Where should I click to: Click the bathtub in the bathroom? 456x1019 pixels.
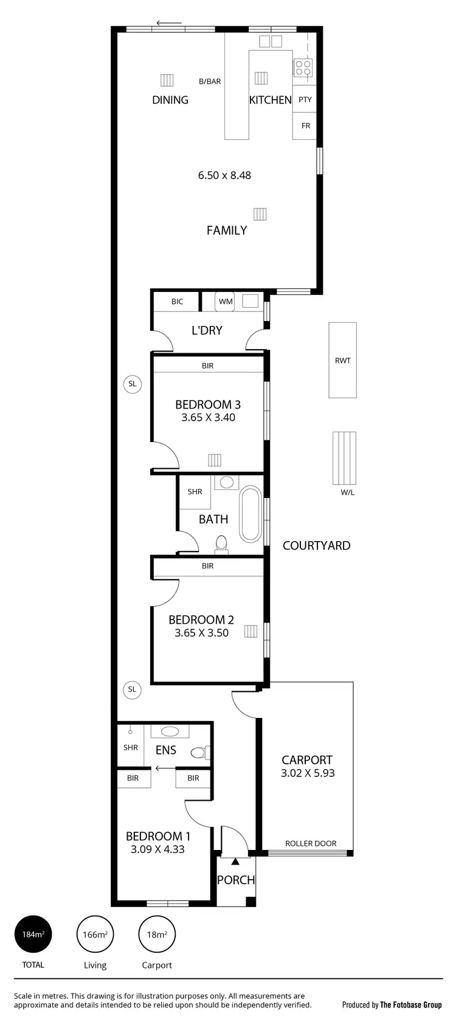[x=250, y=514]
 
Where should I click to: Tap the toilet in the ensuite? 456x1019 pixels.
[x=199, y=753]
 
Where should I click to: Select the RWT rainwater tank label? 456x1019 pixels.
[x=342, y=361]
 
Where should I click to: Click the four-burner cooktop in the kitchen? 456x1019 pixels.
[x=303, y=67]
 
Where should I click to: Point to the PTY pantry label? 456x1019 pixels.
[x=305, y=100]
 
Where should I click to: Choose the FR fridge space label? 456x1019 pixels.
[x=305, y=126]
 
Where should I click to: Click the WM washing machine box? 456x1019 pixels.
[x=226, y=302]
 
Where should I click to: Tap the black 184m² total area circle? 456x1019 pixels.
[x=33, y=934]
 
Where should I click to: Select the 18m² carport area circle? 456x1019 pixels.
[x=157, y=934]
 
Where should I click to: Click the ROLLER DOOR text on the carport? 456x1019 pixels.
[x=311, y=843]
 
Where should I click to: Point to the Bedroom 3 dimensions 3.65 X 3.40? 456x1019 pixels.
[x=208, y=418]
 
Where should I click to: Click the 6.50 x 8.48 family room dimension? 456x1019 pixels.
[x=224, y=175]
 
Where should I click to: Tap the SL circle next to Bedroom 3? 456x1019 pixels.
[x=132, y=384]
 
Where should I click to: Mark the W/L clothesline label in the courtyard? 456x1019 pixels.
[x=347, y=492]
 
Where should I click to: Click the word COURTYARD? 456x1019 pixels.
[x=316, y=545]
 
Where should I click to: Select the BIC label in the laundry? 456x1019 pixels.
[x=177, y=302]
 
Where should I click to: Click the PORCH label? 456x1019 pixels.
[x=236, y=880]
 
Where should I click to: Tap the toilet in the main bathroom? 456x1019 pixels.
[x=221, y=544]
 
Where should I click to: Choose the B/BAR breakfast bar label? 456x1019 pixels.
[x=210, y=81]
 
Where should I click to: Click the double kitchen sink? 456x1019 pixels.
[x=271, y=41]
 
